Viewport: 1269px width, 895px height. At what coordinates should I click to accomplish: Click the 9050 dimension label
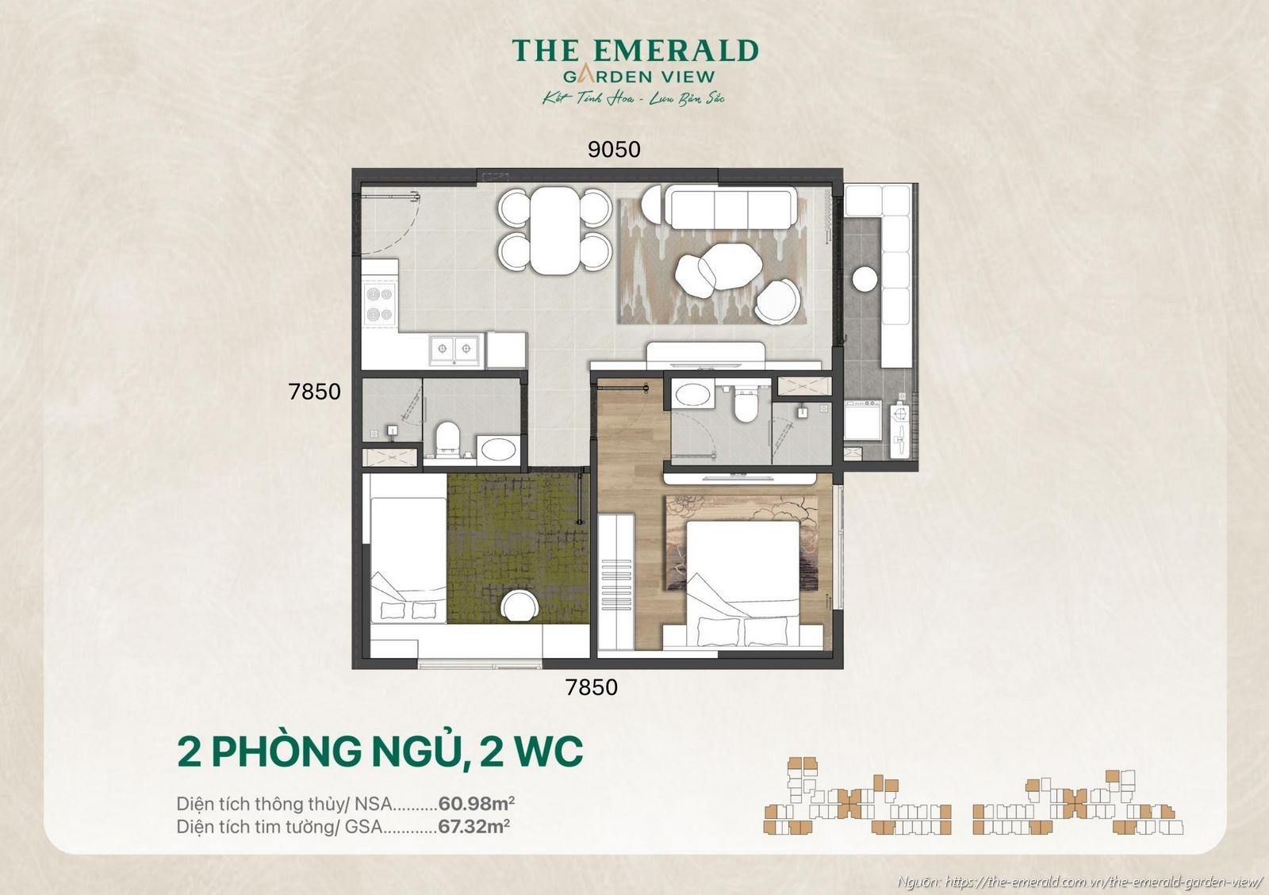614,149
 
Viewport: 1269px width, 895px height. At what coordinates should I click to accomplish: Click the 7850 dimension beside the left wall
315,392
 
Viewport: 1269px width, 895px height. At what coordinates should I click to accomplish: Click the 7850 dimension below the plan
591,687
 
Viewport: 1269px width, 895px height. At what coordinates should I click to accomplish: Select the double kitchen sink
455,348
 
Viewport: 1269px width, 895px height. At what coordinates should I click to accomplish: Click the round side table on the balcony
865,279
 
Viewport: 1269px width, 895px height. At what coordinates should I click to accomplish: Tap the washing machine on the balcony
862,419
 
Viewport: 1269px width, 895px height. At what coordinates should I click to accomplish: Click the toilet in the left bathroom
448,438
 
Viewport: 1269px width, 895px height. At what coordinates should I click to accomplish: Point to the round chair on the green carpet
520,606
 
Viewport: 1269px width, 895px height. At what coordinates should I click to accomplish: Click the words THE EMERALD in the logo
634,51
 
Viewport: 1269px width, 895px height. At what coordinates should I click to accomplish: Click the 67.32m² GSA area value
473,826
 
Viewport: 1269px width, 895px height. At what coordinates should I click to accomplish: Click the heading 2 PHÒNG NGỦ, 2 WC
380,752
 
